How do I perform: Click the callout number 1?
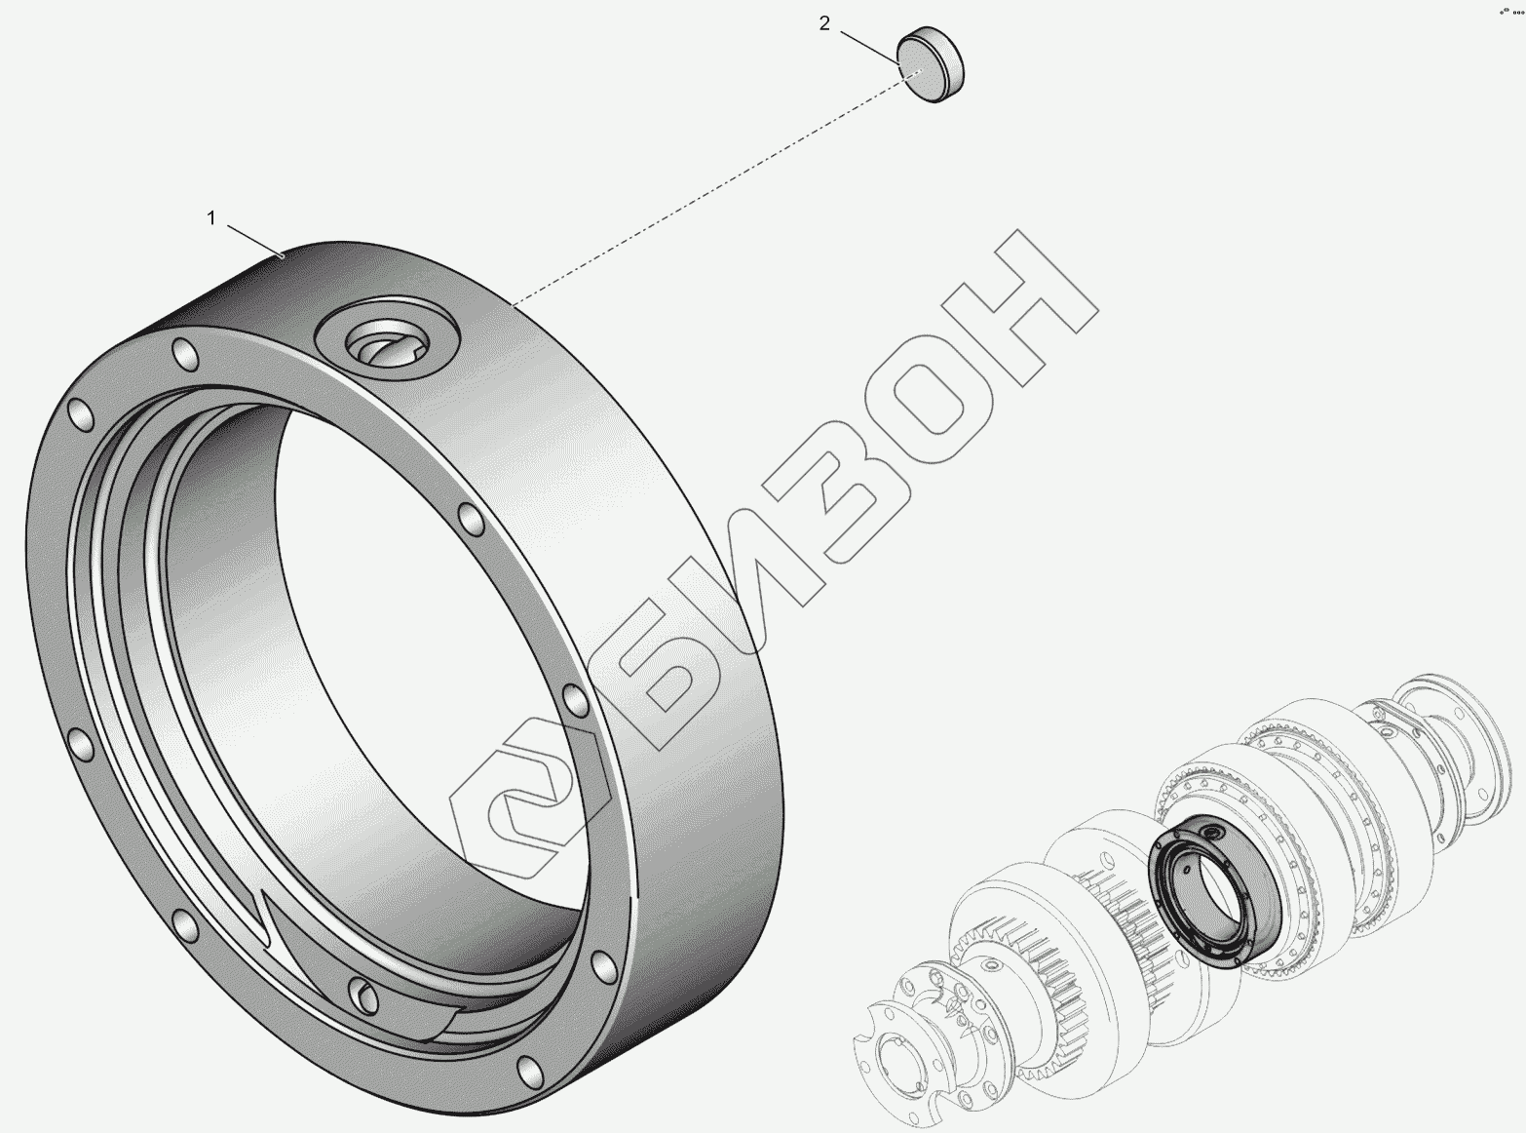coord(211,218)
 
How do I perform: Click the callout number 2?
coord(824,23)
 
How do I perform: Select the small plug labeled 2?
coord(931,64)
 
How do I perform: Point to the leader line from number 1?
coord(255,241)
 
